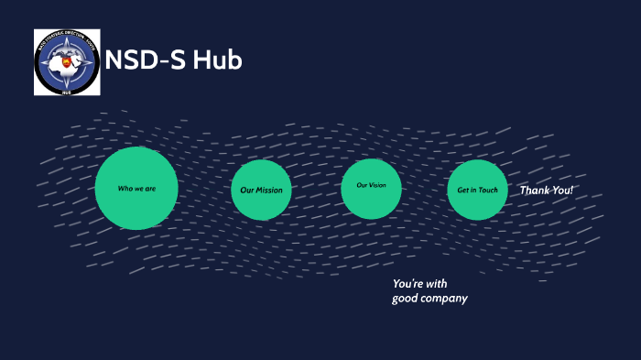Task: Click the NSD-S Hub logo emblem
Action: pyautogui.click(x=67, y=61)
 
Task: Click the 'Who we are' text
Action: pyautogui.click(x=136, y=189)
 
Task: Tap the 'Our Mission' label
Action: pyautogui.click(x=261, y=191)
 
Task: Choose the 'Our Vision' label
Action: pyautogui.click(x=371, y=186)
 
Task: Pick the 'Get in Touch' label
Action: pyautogui.click(x=477, y=190)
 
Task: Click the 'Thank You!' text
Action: pyautogui.click(x=547, y=191)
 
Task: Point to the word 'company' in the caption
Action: pyautogui.click(x=444, y=299)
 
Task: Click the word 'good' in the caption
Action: pyautogui.click(x=405, y=299)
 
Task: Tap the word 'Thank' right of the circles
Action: pyautogui.click(x=535, y=191)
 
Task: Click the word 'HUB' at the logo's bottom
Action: pyautogui.click(x=67, y=90)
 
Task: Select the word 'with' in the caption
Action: pyautogui.click(x=436, y=283)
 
